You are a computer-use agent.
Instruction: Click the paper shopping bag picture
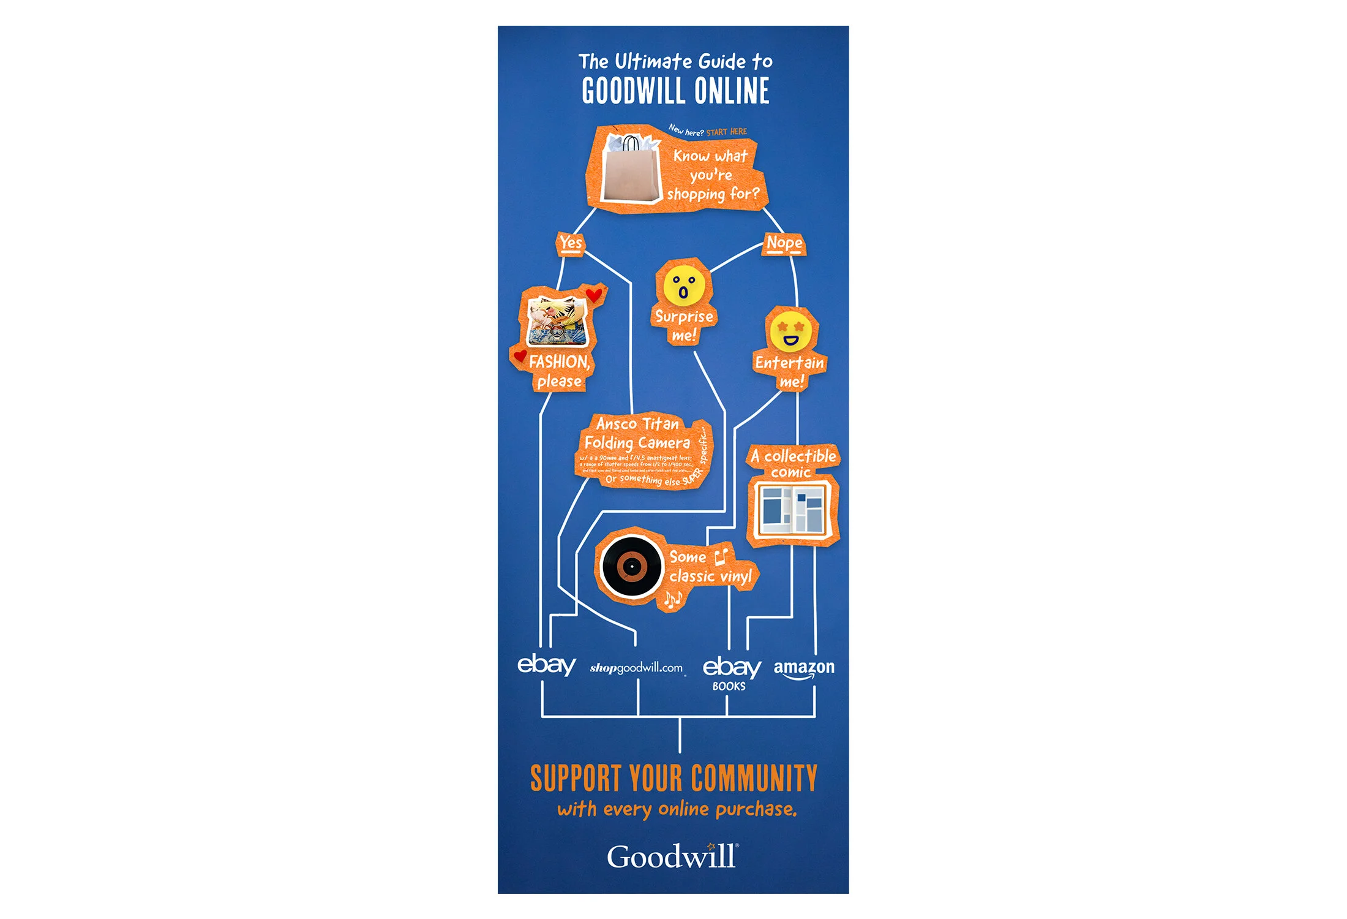pos(631,170)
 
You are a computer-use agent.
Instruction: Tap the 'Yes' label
pos(571,243)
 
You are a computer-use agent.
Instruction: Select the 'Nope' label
pos(784,243)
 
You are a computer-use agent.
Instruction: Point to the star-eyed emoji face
pos(790,331)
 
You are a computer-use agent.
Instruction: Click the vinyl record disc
pos(631,567)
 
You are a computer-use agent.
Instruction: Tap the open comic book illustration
pos(792,510)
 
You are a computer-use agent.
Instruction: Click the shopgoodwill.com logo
pos(636,668)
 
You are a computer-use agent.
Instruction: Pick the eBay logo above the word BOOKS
pos(732,667)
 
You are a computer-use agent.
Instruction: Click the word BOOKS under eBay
pos(729,687)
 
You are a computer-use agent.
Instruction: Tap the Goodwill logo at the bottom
pos(672,857)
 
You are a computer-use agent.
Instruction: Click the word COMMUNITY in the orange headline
pos(754,778)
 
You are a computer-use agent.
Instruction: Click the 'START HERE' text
pos(727,132)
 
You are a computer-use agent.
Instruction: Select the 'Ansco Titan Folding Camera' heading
pos(637,433)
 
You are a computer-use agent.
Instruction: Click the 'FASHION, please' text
pos(559,371)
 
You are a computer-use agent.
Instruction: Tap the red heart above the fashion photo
pos(594,295)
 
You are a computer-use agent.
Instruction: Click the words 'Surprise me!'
pos(684,326)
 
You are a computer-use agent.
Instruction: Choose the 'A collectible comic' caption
pos(793,464)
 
